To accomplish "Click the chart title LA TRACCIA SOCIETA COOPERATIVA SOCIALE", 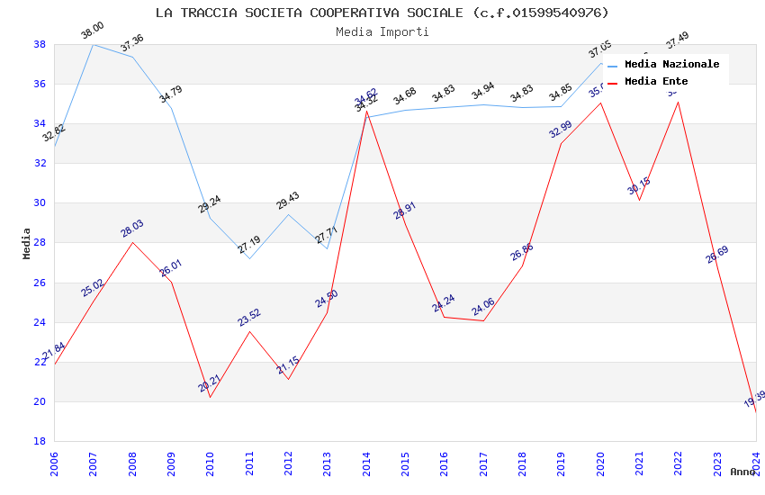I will [382, 13].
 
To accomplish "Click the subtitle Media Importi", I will [382, 31].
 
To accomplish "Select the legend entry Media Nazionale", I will [671, 64].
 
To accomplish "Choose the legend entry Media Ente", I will [656, 81].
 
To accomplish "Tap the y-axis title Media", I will [26, 243].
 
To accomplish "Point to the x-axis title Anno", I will [742, 472].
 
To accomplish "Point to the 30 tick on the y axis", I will [40, 202].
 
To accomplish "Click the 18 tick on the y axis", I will [40, 441].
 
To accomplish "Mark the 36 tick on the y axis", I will [40, 84].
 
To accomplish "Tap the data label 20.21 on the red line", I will [210, 384].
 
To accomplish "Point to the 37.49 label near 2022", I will [677, 41].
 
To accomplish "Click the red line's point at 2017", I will [483, 321].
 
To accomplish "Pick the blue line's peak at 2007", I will [93, 44].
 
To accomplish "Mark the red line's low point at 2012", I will [288, 379].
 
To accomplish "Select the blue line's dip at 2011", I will [249, 258].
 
